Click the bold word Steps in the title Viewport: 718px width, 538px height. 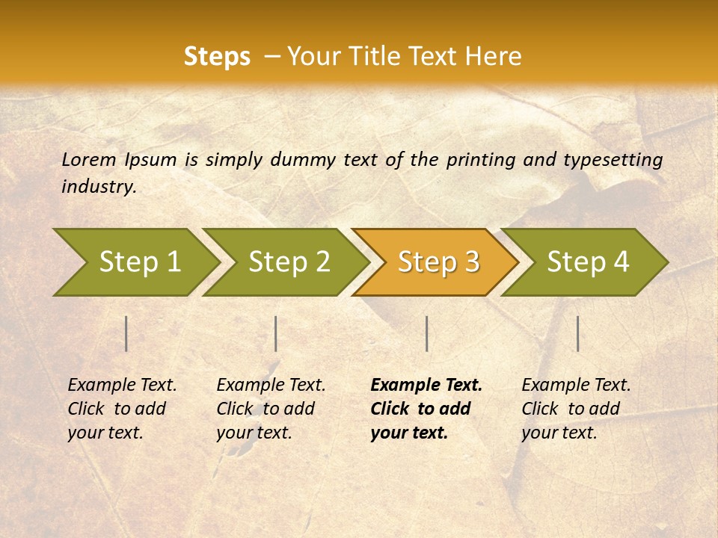[x=217, y=57]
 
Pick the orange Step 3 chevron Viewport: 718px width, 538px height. [x=438, y=262]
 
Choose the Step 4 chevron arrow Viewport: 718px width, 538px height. [x=588, y=262]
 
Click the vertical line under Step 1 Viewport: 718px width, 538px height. [x=126, y=333]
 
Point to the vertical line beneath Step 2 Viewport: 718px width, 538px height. [x=276, y=333]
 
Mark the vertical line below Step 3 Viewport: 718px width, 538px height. [x=426, y=333]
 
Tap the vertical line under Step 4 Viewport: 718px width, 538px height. [x=578, y=333]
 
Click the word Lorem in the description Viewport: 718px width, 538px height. [x=89, y=160]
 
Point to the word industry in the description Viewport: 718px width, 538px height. [x=99, y=187]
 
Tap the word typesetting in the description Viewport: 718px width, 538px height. [x=613, y=160]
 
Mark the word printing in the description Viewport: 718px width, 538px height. [x=479, y=160]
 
